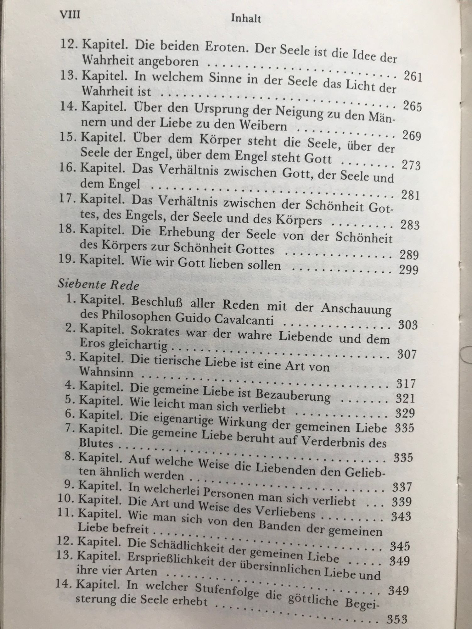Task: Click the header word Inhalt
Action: tap(246, 19)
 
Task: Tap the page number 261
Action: tap(412, 77)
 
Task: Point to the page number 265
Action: tap(412, 107)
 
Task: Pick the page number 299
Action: tap(408, 270)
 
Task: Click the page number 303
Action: tap(407, 325)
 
